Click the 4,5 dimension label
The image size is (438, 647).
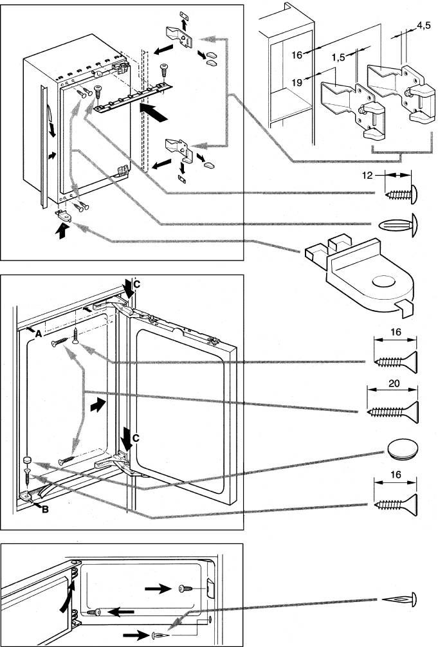[423, 26]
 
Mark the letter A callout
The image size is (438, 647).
[39, 334]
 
